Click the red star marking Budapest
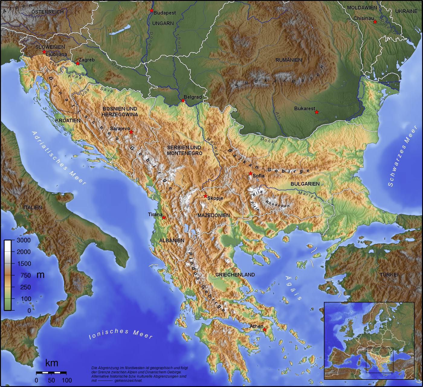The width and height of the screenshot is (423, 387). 151,10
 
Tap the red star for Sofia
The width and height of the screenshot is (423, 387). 250,173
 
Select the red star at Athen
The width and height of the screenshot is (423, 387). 265,329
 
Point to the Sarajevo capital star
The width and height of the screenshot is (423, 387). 131,132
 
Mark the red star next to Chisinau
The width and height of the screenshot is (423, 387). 375,22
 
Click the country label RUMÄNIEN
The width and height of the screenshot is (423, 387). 289,60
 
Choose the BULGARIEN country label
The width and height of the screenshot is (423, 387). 305,184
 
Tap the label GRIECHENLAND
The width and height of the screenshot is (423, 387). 235,275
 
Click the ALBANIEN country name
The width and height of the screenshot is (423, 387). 172,240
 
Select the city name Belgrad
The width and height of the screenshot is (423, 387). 192,97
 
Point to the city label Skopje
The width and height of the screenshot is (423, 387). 215,198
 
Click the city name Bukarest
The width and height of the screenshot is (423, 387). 305,108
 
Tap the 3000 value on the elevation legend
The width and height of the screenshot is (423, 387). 24,240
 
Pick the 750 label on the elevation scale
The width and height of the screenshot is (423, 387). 25,275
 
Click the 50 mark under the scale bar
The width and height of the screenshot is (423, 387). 51,380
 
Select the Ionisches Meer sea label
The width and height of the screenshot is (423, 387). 121,333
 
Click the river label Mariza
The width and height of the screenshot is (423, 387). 308,195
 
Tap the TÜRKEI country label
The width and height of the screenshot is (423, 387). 389,275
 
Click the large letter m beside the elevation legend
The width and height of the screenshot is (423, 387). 40,275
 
